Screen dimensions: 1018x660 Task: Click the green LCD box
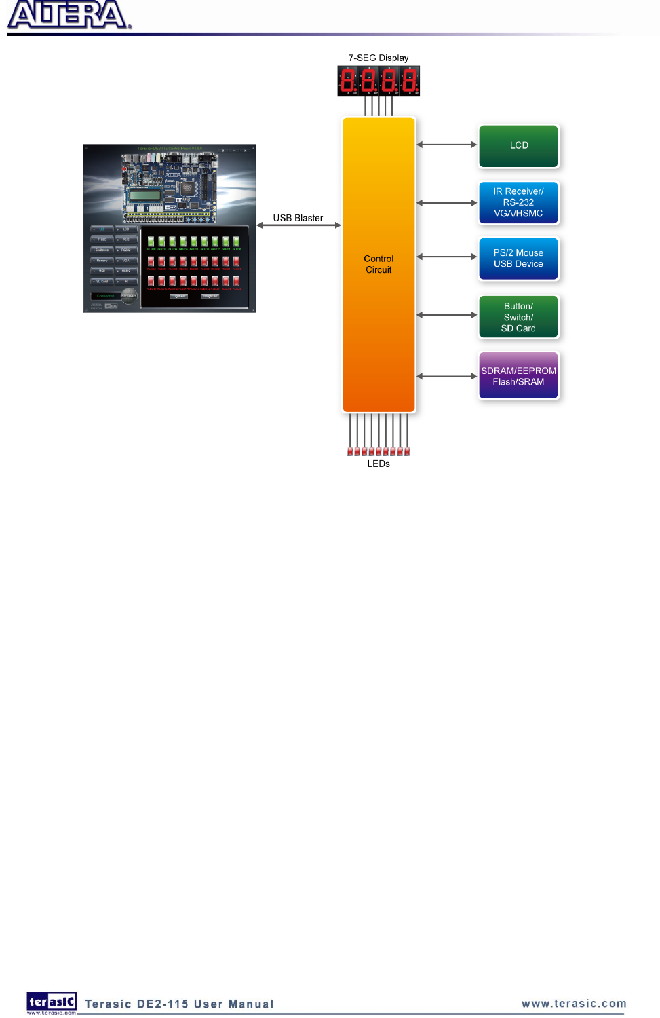pos(519,145)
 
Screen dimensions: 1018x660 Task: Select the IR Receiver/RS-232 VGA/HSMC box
pos(519,202)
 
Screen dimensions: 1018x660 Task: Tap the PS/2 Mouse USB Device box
pos(519,259)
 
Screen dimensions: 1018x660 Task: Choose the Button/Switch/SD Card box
pos(519,317)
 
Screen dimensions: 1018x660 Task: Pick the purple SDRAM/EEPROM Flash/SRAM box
pos(519,376)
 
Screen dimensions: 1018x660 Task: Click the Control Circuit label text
pos(378,264)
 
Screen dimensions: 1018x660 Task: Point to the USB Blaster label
pos(298,218)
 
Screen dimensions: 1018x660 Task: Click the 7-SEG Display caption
pos(378,58)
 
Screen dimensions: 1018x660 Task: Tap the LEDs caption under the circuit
pos(378,464)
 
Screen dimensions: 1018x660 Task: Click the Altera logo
pos(68,15)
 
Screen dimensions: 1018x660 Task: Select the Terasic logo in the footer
pos(52,1002)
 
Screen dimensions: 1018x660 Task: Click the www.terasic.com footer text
pos(574,1004)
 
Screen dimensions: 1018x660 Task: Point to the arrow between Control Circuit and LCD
pos(447,145)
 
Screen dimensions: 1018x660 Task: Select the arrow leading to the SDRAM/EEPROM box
pos(447,376)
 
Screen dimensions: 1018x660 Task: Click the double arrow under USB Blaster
pos(298,225)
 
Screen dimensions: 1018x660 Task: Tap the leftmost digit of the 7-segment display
pos(348,81)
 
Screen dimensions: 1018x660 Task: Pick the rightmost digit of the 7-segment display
pos(409,81)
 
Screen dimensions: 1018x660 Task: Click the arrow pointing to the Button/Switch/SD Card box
pos(447,315)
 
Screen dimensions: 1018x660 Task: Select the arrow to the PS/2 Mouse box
pos(447,257)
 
